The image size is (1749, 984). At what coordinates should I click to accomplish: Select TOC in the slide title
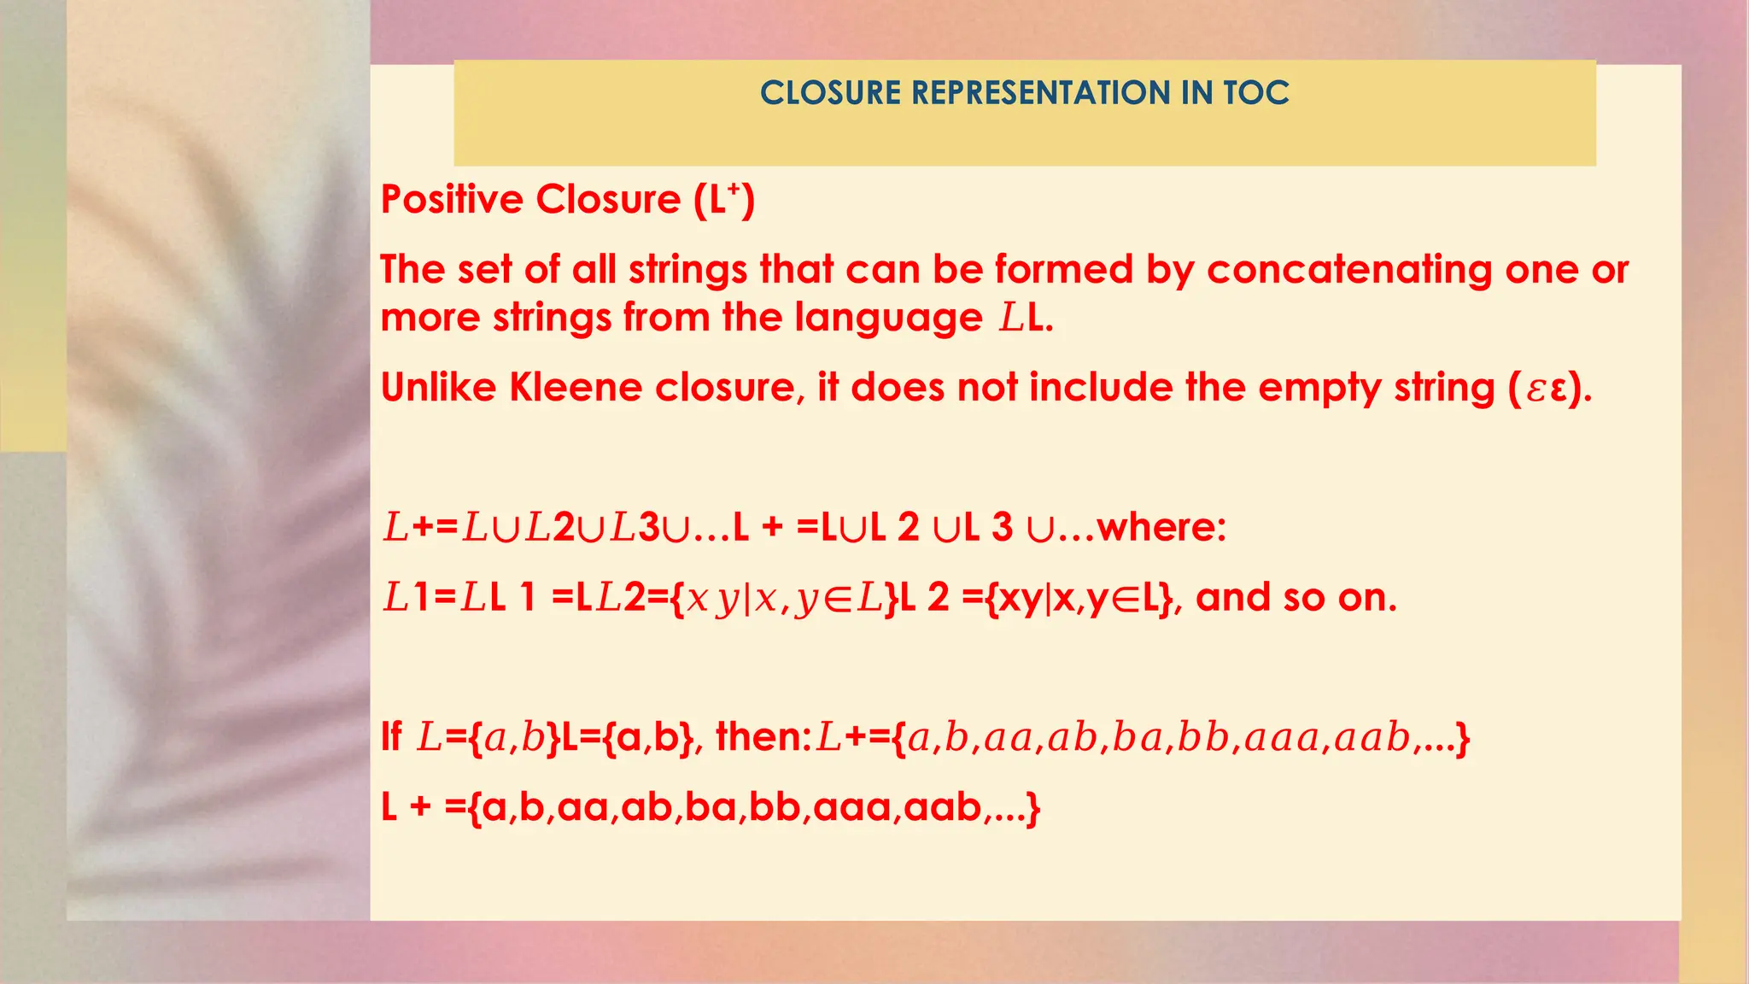1256,93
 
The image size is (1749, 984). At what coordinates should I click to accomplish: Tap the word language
889,318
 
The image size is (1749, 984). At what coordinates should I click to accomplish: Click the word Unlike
438,388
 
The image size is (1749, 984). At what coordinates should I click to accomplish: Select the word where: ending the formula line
1161,527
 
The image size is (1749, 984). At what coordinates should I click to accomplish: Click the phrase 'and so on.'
1296,597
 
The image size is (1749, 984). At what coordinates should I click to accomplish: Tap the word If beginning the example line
391,736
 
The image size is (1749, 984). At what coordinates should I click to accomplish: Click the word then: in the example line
763,736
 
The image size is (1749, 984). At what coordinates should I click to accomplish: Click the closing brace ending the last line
1033,807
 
